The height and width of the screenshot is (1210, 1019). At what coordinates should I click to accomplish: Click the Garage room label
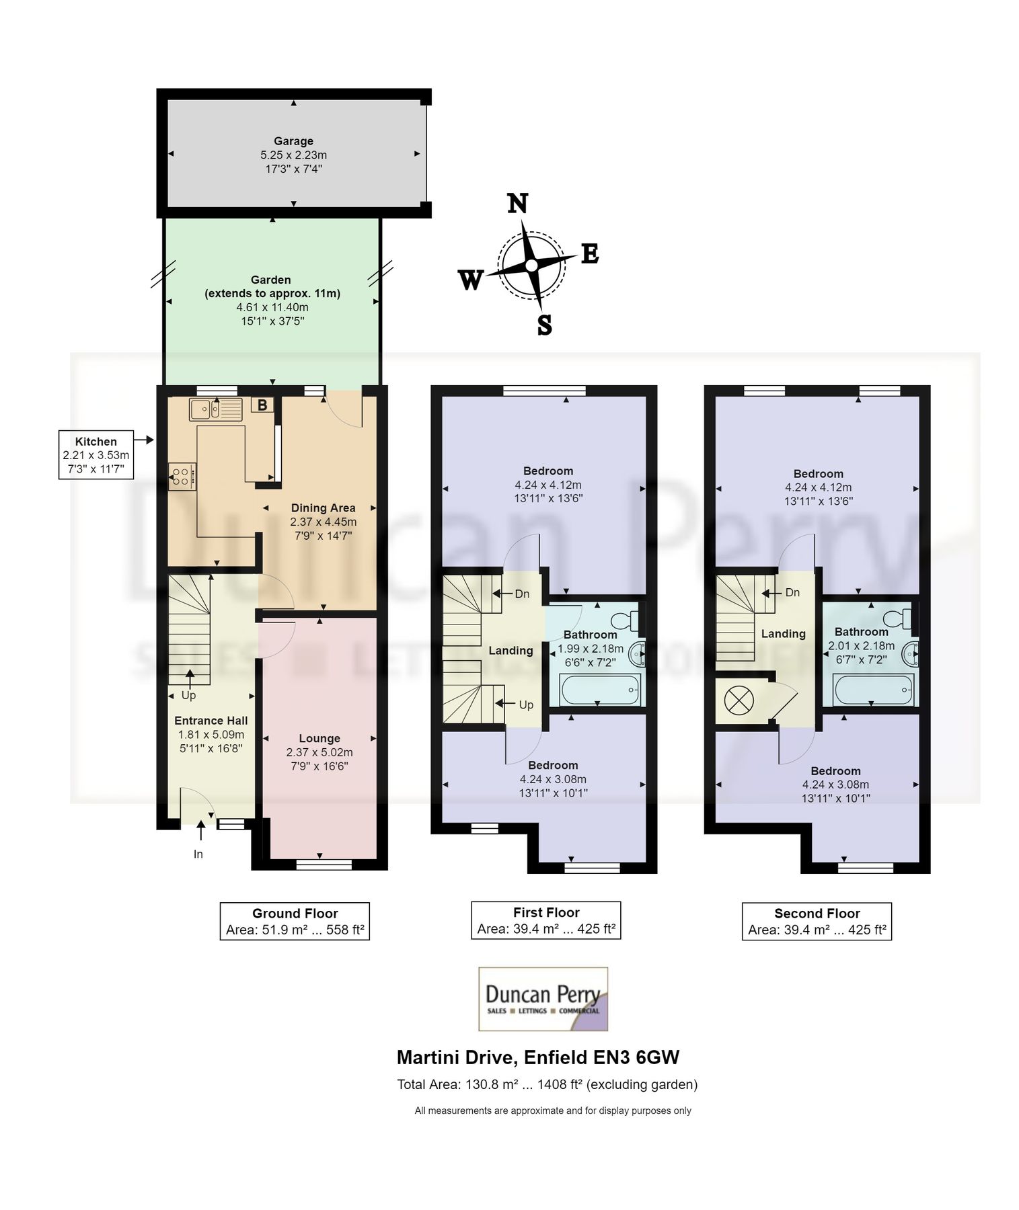pyautogui.click(x=293, y=141)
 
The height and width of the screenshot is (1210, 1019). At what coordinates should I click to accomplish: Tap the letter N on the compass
pyautogui.click(x=517, y=203)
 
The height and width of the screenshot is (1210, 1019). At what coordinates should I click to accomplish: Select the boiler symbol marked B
pyautogui.click(x=262, y=405)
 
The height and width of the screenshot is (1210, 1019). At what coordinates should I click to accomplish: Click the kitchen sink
pyautogui.click(x=215, y=408)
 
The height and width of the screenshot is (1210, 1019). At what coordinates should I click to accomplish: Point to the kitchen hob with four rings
pyautogui.click(x=181, y=476)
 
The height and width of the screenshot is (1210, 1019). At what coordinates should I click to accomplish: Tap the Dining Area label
pyautogui.click(x=323, y=508)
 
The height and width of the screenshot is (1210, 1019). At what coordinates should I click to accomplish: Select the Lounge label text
pyautogui.click(x=319, y=738)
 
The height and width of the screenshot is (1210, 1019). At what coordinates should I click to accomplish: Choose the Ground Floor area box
pyautogui.click(x=295, y=921)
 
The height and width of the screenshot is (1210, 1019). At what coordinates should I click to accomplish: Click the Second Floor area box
pyautogui.click(x=817, y=921)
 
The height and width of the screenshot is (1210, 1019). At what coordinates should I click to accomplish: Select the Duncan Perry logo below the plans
pyautogui.click(x=543, y=999)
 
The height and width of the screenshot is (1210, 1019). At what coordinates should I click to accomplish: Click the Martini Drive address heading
pyautogui.click(x=538, y=1057)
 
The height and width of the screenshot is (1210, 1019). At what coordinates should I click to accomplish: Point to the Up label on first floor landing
pyautogui.click(x=526, y=704)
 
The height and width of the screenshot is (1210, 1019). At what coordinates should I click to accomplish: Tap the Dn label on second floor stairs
pyautogui.click(x=792, y=592)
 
